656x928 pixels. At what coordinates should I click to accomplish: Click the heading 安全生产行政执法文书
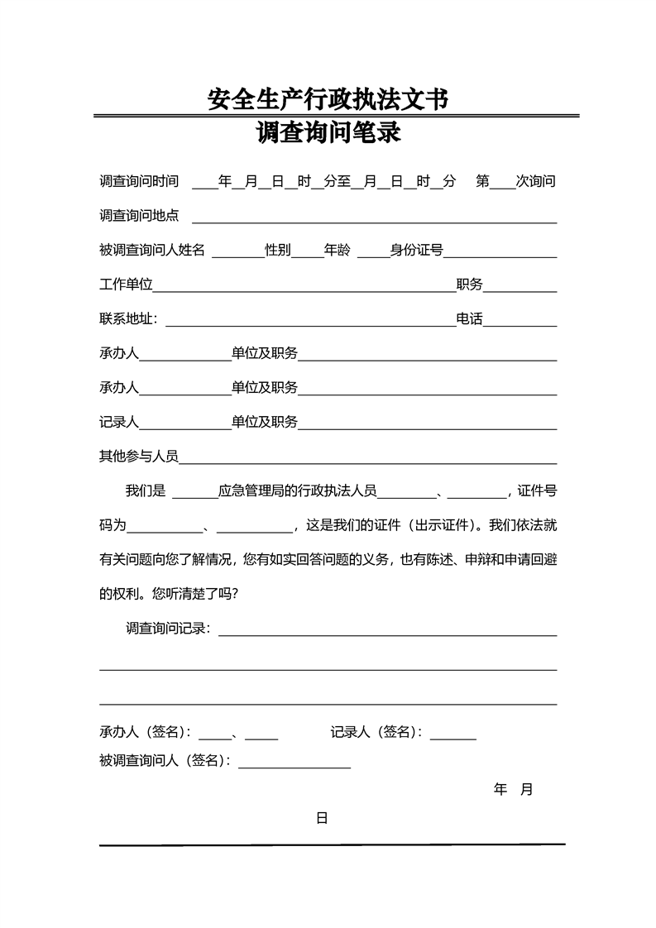tap(328, 100)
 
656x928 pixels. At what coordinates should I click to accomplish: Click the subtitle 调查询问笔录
tap(328, 132)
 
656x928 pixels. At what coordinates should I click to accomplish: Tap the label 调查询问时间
tap(139, 181)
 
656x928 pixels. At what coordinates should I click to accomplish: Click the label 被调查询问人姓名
tap(151, 251)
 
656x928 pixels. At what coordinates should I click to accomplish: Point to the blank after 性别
tap(307, 254)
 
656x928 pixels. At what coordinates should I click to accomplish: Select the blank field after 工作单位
tap(304, 289)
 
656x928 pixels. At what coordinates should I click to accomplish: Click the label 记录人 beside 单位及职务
tap(119, 422)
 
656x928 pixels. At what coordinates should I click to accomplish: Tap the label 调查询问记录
tap(168, 629)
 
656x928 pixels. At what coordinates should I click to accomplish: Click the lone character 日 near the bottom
tap(322, 819)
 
